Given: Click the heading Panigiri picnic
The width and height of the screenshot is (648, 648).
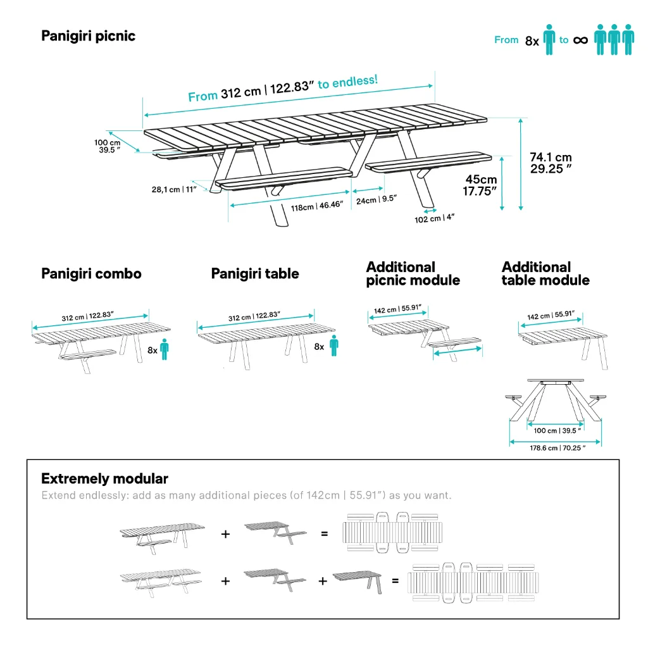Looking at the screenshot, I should point(88,36).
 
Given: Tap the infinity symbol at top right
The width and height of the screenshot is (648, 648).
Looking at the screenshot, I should point(580,40).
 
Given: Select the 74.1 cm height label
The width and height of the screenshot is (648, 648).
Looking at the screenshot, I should point(551,163).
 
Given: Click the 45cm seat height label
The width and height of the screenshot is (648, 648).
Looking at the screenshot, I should point(480,185).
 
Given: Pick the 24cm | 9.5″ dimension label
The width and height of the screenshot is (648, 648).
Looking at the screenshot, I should point(376,199).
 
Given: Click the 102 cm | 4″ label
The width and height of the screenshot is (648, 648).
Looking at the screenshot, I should point(434,218).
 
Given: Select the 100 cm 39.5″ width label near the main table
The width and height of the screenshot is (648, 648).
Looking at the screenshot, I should point(107,146).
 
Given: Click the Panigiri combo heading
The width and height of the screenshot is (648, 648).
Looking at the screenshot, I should point(91,274).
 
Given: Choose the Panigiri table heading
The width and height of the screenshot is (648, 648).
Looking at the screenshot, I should point(255,274).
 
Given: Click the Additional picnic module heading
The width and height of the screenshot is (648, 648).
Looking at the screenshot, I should point(413,274).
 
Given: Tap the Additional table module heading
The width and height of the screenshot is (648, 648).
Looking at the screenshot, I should point(545,274).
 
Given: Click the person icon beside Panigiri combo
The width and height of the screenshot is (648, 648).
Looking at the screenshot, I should point(165,349).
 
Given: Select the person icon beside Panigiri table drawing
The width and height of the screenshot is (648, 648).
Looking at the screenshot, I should point(333,346).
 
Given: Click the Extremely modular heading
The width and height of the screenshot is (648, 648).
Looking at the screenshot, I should point(104,478).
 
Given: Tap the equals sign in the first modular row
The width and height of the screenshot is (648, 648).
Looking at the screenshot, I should point(325,533).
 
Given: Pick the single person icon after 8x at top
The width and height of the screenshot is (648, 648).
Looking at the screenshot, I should point(549,40).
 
